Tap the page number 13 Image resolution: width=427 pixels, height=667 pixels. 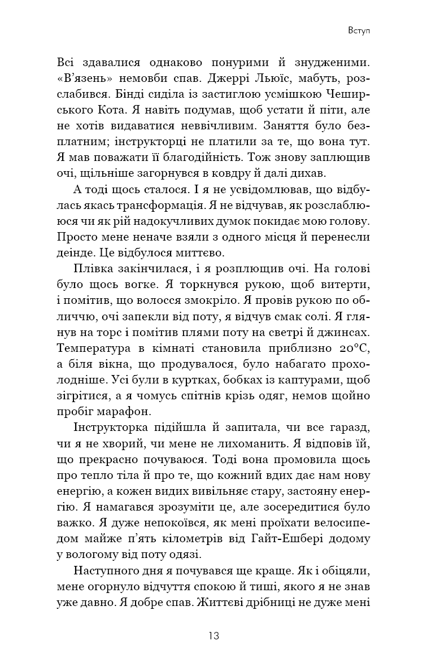pos(213,635)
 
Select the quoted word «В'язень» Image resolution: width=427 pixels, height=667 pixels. pos(83,76)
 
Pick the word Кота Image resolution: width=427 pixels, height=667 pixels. pos(95,107)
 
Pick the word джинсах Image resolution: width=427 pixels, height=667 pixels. pos(348,314)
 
